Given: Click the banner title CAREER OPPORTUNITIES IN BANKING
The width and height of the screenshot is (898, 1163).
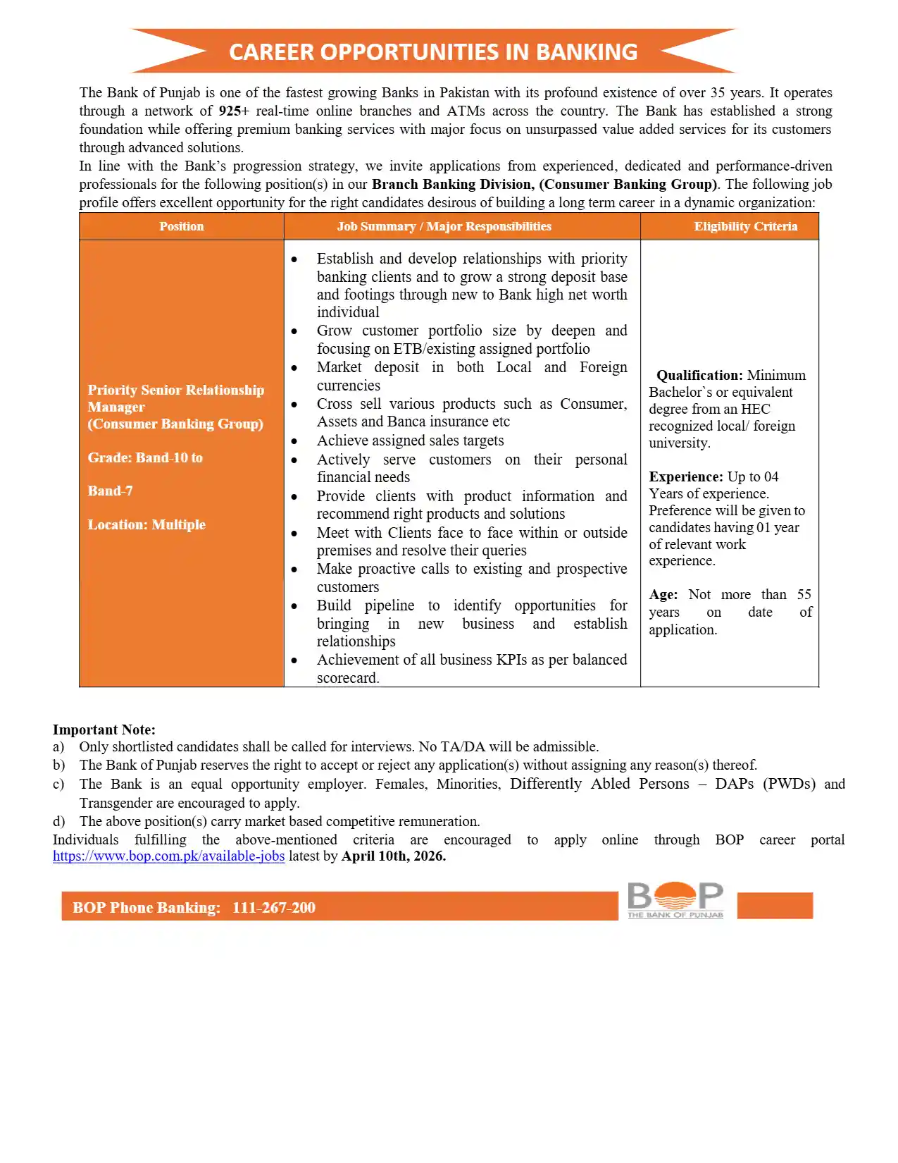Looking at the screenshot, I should [x=432, y=52].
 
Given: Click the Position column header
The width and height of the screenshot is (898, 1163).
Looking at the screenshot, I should [x=181, y=226].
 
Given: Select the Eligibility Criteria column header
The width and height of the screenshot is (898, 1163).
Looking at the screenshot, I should [x=745, y=226].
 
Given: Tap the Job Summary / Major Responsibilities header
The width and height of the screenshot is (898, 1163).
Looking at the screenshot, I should [x=444, y=226].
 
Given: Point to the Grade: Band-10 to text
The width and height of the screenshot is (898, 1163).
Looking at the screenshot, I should [x=145, y=458].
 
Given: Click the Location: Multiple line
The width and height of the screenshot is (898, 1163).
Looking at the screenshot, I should [x=146, y=525].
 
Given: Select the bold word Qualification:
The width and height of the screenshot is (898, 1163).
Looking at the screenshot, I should [x=699, y=376].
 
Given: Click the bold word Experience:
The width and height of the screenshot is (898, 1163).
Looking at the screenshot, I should [x=685, y=477].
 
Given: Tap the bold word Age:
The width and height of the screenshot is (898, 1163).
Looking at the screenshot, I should [x=663, y=595].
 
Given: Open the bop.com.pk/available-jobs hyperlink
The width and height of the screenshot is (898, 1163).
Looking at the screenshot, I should [x=168, y=856].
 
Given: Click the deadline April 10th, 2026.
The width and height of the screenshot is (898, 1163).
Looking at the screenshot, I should [x=393, y=856].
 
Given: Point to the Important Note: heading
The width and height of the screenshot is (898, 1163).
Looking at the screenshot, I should [x=104, y=730].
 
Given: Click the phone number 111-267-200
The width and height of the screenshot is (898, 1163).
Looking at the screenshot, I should [x=274, y=908].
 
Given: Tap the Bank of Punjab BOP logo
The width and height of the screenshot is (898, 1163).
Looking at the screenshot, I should [x=675, y=900].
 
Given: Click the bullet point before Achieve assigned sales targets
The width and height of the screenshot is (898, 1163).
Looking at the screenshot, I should [x=294, y=442].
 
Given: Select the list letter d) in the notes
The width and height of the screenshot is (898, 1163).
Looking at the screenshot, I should [x=58, y=822].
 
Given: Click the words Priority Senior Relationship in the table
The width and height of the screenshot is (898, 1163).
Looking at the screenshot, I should [x=176, y=390].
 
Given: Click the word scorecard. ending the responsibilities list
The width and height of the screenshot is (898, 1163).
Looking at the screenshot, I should [x=348, y=678].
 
